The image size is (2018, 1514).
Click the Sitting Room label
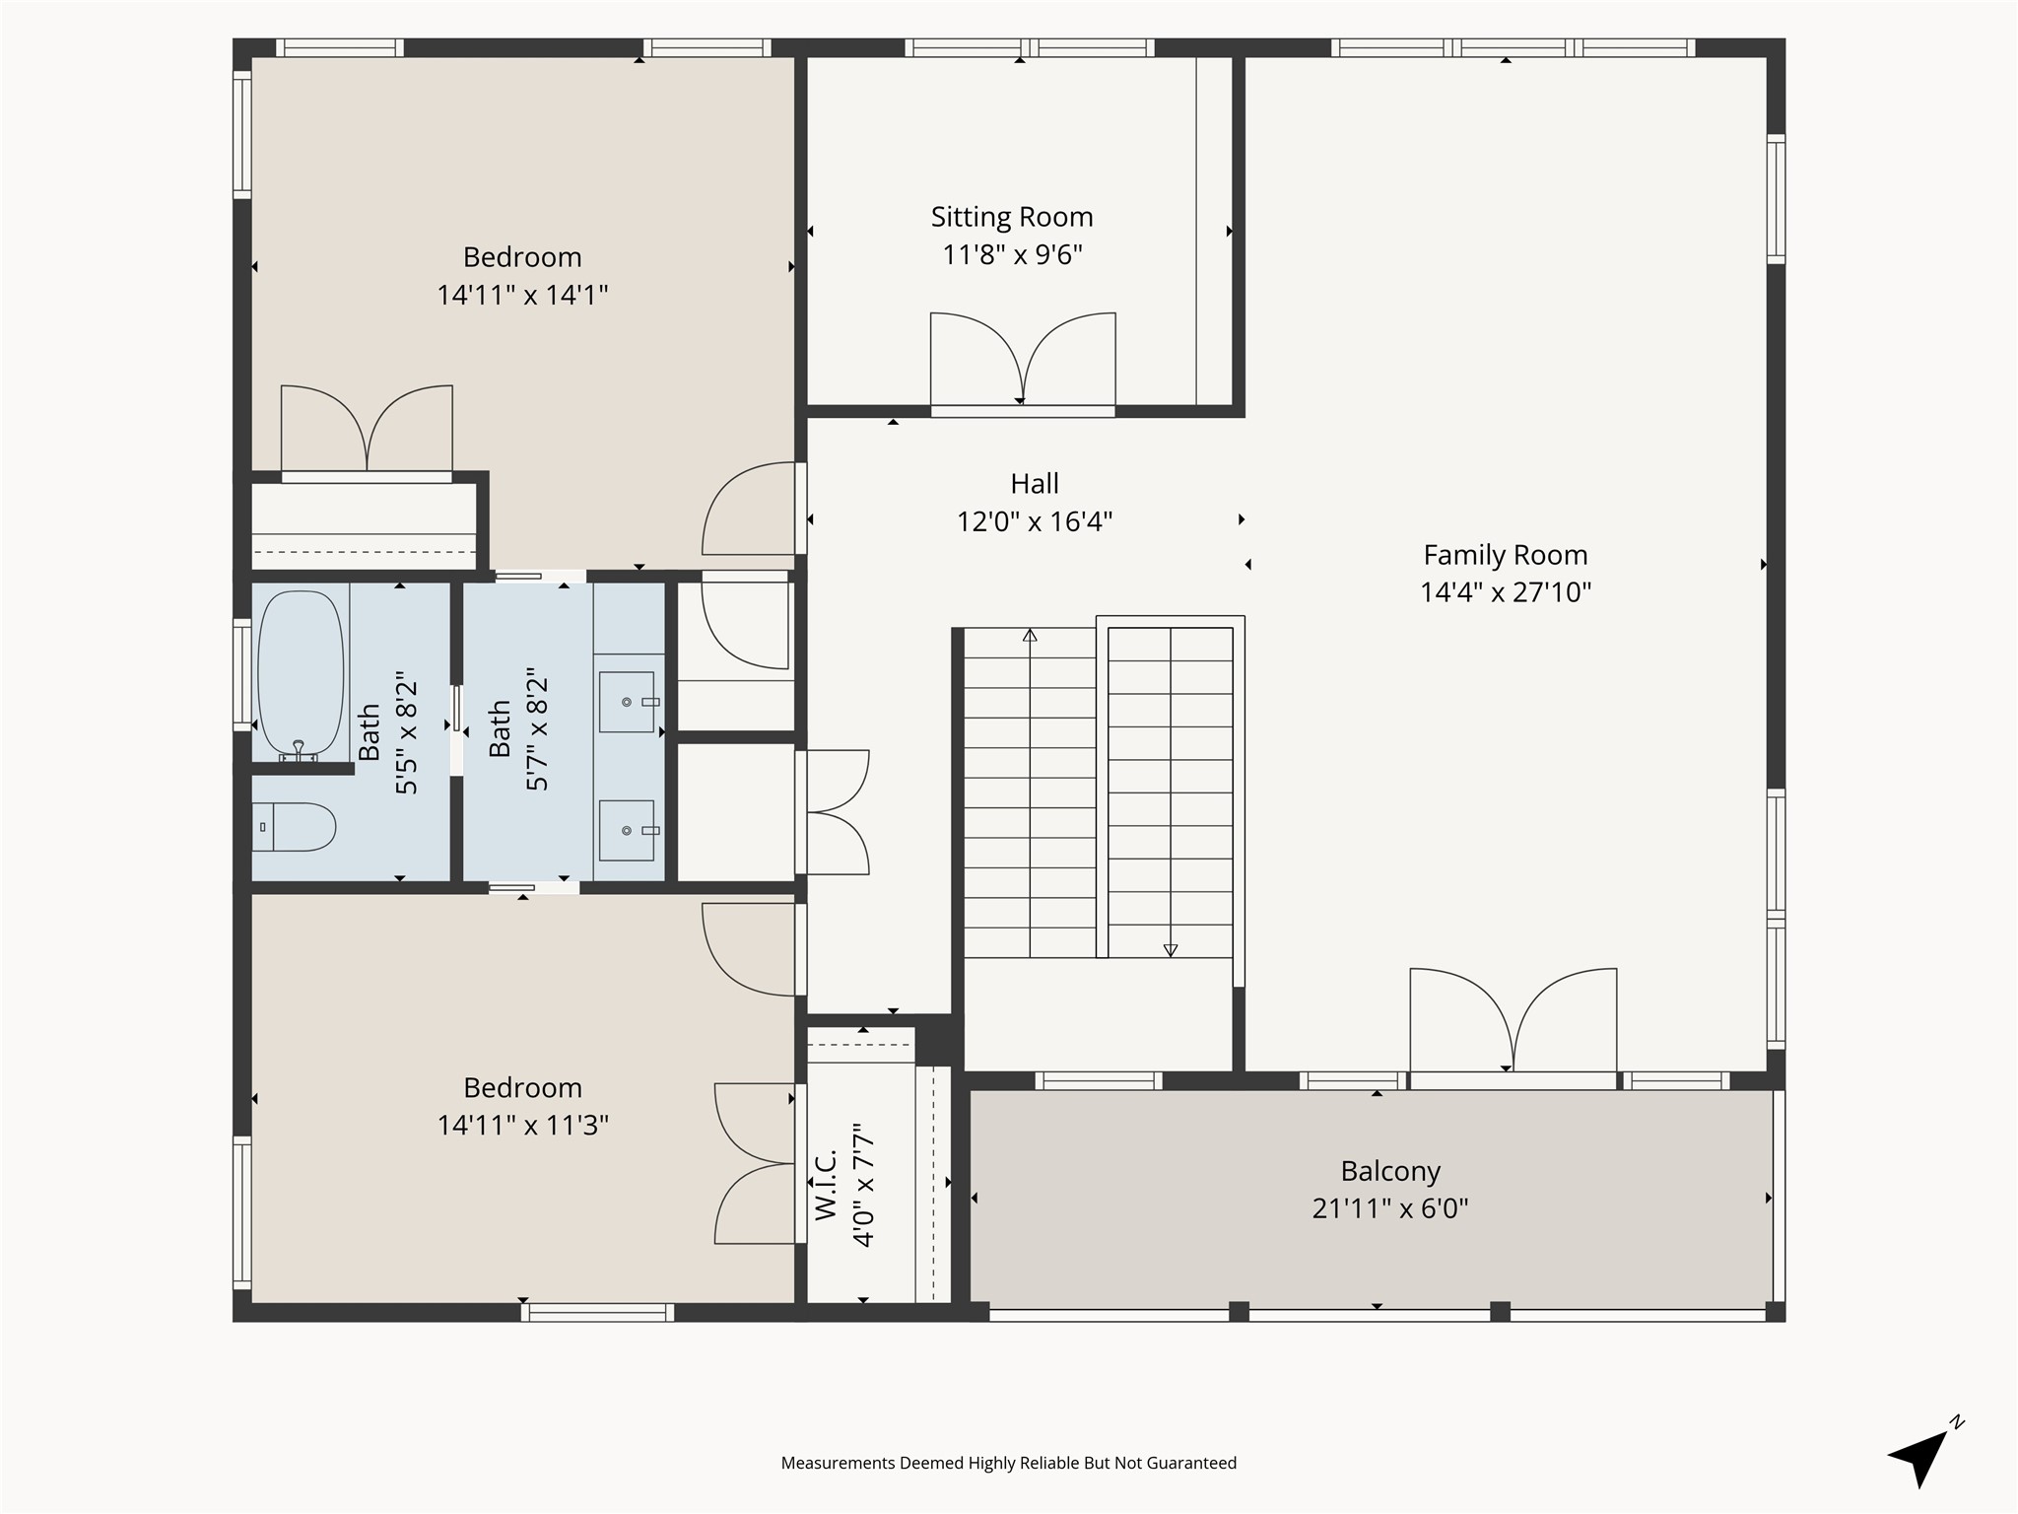tap(1012, 217)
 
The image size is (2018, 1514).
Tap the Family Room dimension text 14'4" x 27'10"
tap(1506, 592)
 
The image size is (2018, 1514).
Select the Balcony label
tap(1390, 1171)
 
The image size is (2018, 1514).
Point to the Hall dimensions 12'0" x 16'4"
tap(1035, 521)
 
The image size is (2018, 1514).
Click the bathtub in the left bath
tap(301, 675)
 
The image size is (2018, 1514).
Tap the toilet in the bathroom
tap(294, 827)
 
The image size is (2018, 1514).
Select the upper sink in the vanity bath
tap(627, 702)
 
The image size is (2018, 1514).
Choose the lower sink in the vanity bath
tap(627, 830)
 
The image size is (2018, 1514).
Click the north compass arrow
tap(1921, 1457)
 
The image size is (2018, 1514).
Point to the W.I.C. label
tap(826, 1184)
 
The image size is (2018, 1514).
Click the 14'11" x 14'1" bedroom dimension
tap(522, 295)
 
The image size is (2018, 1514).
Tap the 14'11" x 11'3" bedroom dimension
tap(522, 1125)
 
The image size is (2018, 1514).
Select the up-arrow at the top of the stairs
tap(1030, 636)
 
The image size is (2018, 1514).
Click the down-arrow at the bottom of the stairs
tap(1171, 950)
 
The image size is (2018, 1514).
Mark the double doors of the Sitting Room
tap(1023, 361)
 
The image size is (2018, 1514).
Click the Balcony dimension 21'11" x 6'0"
tap(1390, 1208)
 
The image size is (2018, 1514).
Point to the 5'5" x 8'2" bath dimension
tap(407, 733)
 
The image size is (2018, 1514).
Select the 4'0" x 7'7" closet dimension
tap(864, 1184)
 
